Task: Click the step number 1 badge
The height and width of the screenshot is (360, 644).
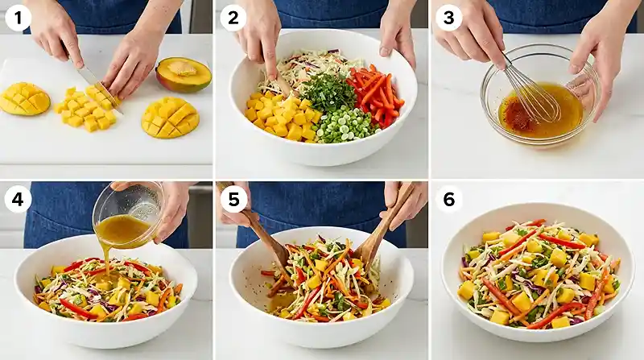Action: [18, 19]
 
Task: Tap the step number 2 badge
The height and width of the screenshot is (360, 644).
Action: [233, 19]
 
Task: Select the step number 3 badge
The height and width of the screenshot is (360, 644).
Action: [448, 19]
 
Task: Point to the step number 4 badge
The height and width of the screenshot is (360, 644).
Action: [18, 199]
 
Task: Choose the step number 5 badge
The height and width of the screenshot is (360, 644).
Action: [233, 199]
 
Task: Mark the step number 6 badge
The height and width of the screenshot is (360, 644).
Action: [449, 199]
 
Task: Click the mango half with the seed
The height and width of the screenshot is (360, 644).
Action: [184, 74]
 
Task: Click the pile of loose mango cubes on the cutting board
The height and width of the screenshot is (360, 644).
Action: [87, 109]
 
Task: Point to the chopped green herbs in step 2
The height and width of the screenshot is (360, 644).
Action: [328, 92]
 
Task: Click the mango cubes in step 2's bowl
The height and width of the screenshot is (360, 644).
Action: [280, 116]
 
